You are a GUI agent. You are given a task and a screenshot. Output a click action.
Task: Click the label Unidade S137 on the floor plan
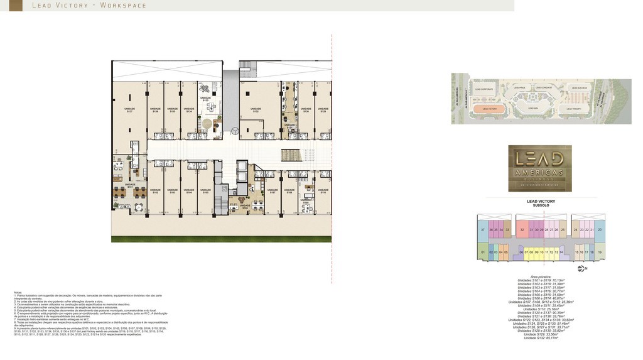[129, 109]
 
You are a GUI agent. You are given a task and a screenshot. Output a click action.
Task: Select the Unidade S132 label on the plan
[256, 109]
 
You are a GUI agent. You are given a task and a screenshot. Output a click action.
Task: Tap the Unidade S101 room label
[129, 185]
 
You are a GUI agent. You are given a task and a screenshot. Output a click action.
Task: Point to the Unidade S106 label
[245, 207]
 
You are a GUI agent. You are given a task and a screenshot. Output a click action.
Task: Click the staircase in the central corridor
[290, 155]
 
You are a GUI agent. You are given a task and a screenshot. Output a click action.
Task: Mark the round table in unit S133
[205, 89]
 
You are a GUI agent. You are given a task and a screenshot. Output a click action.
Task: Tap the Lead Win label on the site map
[533, 109]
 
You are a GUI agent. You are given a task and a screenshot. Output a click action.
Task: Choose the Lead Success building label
[578, 88]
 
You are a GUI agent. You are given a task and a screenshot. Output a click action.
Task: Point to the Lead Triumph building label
[576, 109]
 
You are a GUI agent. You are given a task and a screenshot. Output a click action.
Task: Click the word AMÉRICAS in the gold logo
[539, 173]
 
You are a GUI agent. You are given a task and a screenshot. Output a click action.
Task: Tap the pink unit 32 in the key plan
[522, 231]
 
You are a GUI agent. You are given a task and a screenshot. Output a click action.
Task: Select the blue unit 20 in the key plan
[600, 231]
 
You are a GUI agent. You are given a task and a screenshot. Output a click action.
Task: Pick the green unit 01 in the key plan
[483, 253]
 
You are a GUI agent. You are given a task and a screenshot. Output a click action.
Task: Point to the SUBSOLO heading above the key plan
[541, 205]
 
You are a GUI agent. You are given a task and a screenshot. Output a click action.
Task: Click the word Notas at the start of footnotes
[18, 292]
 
